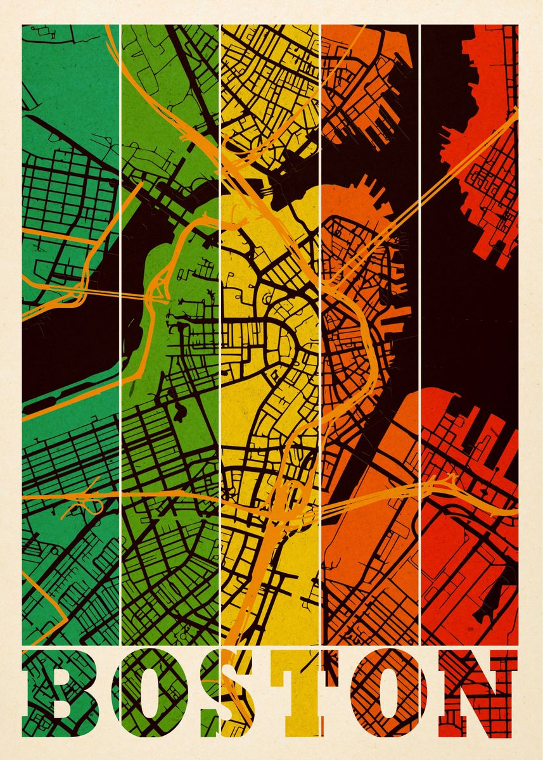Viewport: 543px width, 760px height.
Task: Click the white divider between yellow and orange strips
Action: (320, 317)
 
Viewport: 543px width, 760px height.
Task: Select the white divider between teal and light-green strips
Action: (120, 190)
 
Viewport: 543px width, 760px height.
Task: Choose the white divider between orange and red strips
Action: (420, 317)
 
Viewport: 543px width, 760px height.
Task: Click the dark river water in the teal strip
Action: (63, 355)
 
